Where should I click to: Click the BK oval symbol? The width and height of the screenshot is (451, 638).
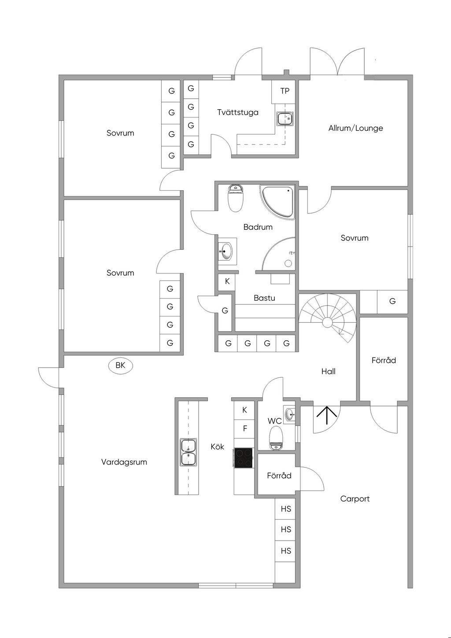pos(120,365)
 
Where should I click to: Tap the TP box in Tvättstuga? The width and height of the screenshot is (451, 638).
pos(285,91)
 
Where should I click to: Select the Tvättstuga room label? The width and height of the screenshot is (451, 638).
pos(238,112)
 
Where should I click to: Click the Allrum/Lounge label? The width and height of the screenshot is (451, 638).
pos(355,128)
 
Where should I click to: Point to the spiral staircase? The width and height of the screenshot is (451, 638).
pos(327,318)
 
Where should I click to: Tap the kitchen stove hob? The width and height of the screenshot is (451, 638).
pos(244,458)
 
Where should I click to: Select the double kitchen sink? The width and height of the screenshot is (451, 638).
pos(189,452)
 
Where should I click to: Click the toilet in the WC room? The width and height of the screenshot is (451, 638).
pos(276,438)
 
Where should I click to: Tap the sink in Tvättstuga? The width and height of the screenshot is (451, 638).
pos(285,118)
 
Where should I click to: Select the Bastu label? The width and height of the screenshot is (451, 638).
pos(264,298)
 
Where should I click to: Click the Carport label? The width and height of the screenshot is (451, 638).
pos(355,499)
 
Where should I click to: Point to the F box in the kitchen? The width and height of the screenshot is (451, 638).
pos(245,428)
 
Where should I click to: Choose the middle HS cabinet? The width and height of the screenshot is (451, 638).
pos(286,530)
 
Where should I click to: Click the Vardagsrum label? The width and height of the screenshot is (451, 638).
pos(124,462)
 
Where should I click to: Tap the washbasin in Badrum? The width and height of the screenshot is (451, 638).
pos(226,252)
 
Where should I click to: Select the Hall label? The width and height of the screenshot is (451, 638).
pos(328,372)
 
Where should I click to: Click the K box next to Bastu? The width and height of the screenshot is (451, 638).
pos(227,281)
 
